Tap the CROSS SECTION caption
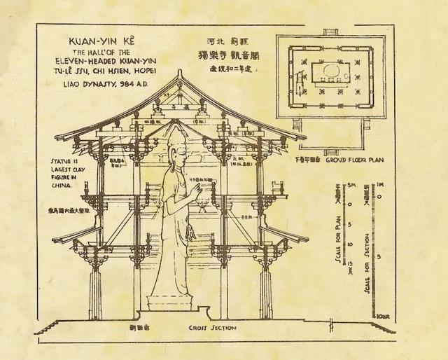point(212,328)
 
